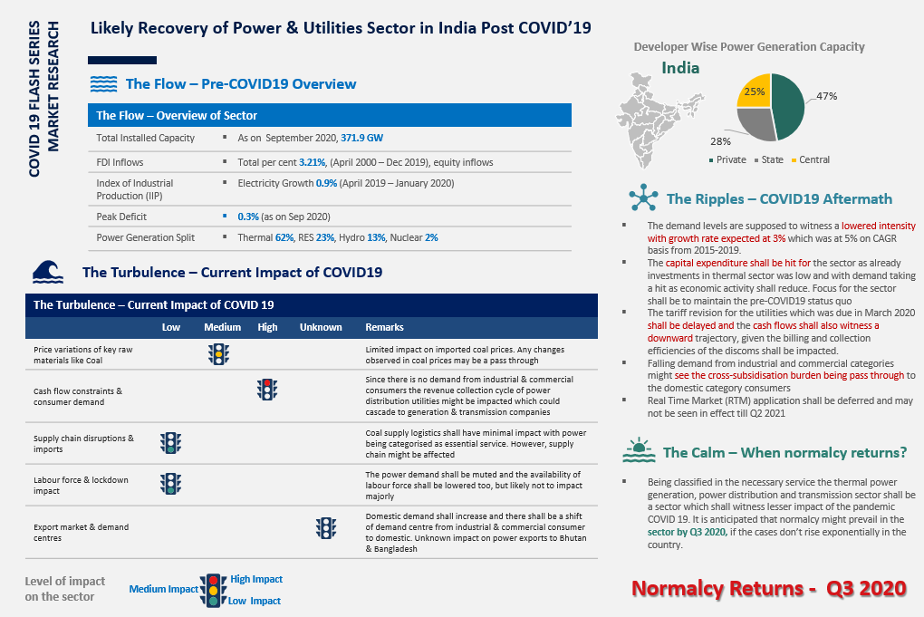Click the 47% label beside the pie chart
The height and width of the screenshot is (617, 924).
(x=826, y=95)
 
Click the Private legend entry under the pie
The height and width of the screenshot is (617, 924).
(x=728, y=159)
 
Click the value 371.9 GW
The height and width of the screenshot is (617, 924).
(x=361, y=138)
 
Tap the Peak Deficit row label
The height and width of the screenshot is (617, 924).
(x=121, y=217)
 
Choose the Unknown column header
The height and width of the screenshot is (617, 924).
(x=321, y=327)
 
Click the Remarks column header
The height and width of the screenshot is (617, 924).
(x=384, y=327)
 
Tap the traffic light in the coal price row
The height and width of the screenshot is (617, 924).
(x=218, y=353)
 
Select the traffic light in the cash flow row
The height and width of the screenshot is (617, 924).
(x=266, y=390)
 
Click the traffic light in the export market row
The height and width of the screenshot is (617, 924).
(x=325, y=527)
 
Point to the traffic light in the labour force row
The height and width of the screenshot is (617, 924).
(x=170, y=483)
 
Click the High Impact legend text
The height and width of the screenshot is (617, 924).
(x=256, y=579)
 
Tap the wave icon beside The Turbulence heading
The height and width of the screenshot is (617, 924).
(x=47, y=272)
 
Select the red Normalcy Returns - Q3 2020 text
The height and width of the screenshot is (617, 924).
(x=768, y=588)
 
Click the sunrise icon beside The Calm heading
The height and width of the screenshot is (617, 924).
(x=640, y=450)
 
